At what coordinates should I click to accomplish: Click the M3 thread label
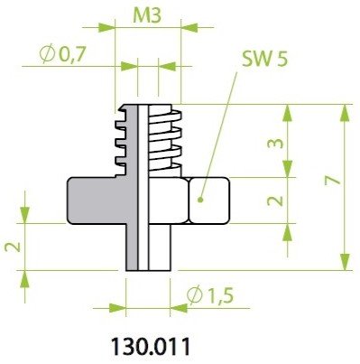pyautogui.click(x=149, y=17)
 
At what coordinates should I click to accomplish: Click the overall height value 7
pyautogui.click(x=333, y=182)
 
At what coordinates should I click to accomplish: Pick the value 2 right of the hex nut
pyautogui.click(x=277, y=200)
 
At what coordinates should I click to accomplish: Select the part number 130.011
pyautogui.click(x=151, y=346)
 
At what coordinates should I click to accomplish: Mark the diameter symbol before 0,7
pyautogui.click(x=47, y=55)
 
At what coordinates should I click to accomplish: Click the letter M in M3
pyautogui.click(x=142, y=17)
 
